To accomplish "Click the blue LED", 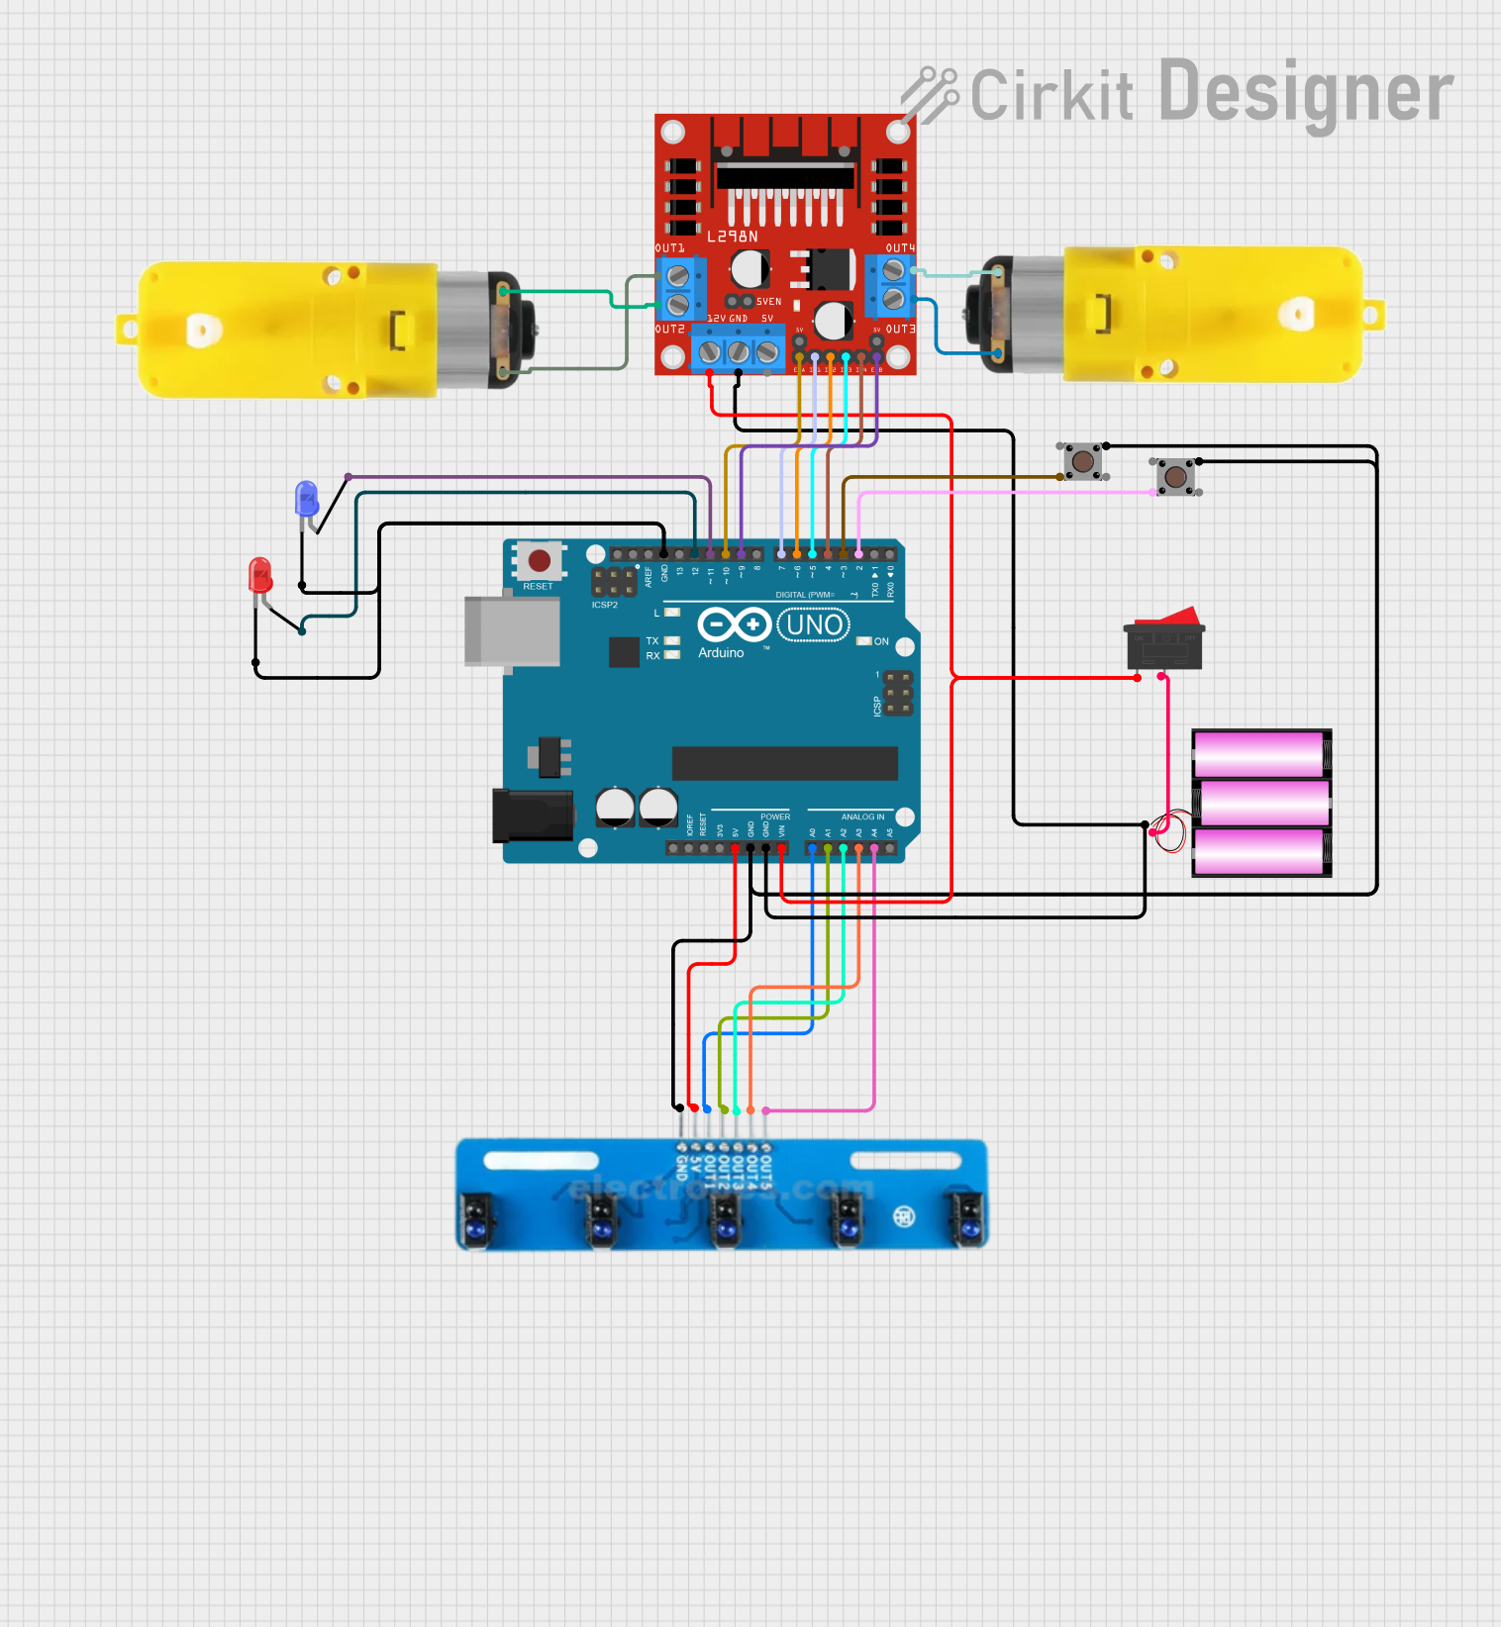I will tap(307, 498).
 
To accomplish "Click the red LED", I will tap(260, 575).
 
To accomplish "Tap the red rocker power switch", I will tap(1164, 641).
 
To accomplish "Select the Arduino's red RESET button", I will tap(540, 561).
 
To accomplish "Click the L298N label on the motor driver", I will tap(732, 237).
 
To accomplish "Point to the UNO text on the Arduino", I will tap(814, 625).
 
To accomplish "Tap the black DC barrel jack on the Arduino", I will tap(532, 815).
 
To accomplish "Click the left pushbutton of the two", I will tap(1083, 461).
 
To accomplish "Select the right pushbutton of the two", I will tap(1175, 477).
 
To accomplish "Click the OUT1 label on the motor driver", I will tap(670, 248).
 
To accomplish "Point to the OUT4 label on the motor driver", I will tap(900, 248).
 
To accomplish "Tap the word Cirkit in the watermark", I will tap(1051, 96).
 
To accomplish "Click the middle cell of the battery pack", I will tap(1260, 803).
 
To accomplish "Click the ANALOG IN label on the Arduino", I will tap(862, 817).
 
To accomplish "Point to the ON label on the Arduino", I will tap(881, 641).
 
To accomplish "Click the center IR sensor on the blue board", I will tap(725, 1218).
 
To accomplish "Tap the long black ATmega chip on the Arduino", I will tap(784, 763).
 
